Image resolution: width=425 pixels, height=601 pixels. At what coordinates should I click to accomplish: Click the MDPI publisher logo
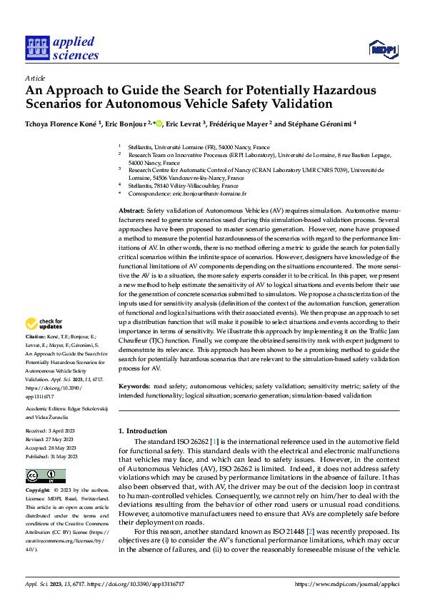click(x=382, y=49)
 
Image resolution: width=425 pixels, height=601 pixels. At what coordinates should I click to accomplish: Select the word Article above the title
click(x=35, y=77)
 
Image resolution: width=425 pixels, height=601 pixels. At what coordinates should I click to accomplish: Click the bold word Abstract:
click(x=131, y=211)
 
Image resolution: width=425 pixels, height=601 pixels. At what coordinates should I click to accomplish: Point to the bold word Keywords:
click(x=134, y=387)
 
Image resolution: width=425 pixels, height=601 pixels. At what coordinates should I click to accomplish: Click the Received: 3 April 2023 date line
click(x=54, y=432)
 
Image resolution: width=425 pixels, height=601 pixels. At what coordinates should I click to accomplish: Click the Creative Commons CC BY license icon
click(x=46, y=476)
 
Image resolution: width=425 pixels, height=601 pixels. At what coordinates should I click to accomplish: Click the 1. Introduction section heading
click(x=141, y=431)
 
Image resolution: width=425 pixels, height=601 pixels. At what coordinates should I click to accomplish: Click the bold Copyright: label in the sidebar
click(x=39, y=491)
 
